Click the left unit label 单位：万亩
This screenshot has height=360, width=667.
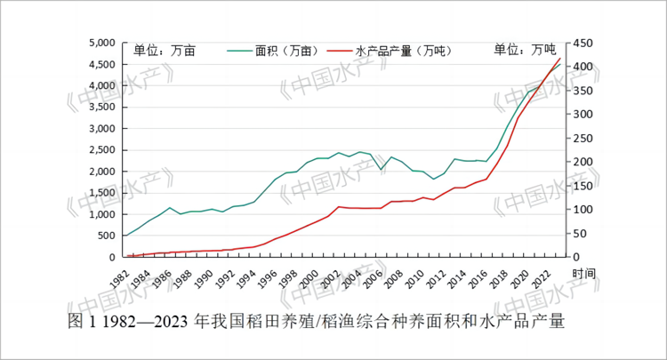[164, 50]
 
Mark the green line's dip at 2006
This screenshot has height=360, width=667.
[381, 169]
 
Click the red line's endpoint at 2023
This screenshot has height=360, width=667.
[560, 58]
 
